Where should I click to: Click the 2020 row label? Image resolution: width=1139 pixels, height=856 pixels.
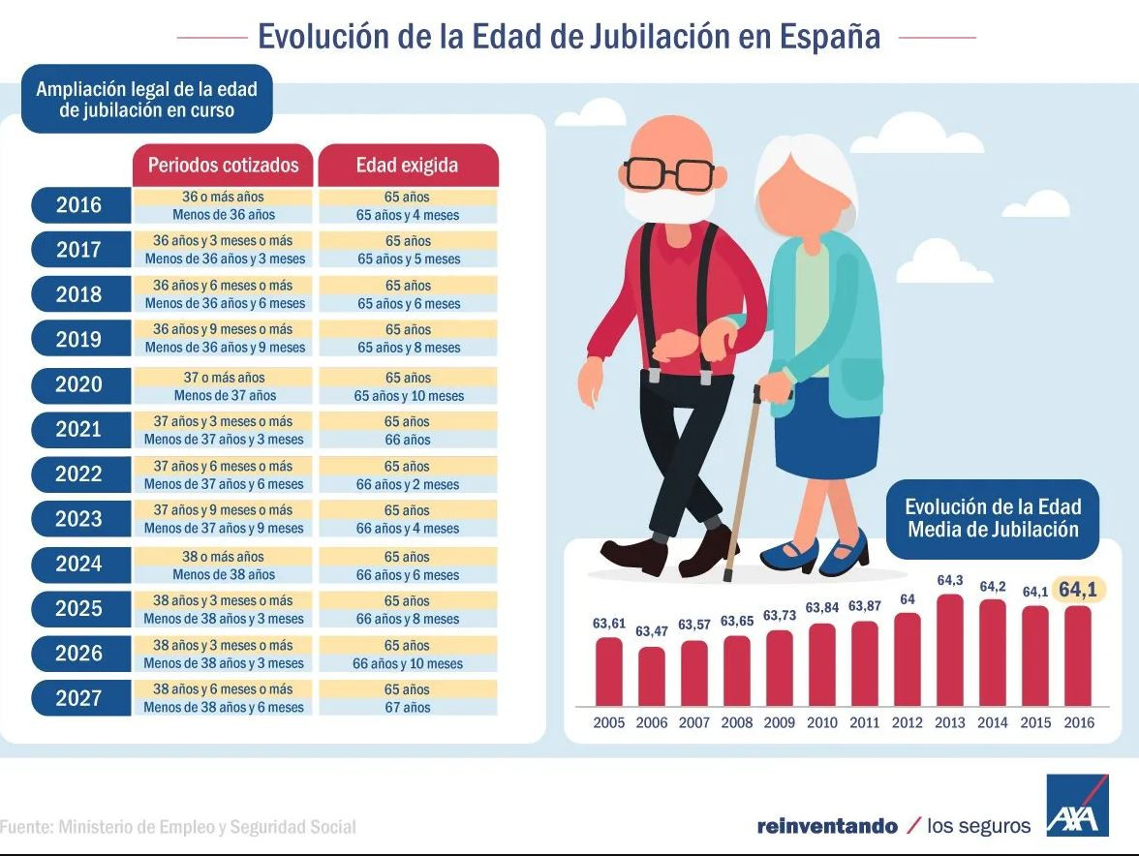[x=79, y=384]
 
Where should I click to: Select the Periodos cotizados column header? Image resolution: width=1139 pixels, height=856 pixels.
[x=224, y=165]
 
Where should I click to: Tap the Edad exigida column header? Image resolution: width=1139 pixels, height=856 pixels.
[x=407, y=165]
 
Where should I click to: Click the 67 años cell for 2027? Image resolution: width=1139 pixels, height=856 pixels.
[x=408, y=708]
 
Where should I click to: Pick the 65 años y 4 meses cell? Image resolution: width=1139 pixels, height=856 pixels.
[x=408, y=215]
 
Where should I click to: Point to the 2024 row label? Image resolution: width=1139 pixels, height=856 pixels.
[x=79, y=564]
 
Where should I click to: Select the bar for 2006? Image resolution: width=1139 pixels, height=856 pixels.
[x=651, y=676]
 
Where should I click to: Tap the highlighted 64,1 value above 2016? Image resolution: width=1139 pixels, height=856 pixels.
[x=1082, y=590]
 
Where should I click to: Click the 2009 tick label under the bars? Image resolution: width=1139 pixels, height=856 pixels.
[x=780, y=722]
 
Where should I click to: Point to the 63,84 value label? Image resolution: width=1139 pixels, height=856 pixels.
[x=821, y=607]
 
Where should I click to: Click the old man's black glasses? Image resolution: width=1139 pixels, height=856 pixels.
[x=669, y=174]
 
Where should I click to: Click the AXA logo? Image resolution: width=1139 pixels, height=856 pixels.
[x=1077, y=806]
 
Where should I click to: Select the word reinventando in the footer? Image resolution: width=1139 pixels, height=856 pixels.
[x=827, y=826]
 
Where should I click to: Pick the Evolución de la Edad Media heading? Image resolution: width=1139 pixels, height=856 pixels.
[x=993, y=518]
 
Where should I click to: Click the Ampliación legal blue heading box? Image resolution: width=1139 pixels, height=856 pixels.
[x=146, y=100]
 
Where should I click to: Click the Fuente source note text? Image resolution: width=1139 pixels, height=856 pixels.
[x=178, y=827]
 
